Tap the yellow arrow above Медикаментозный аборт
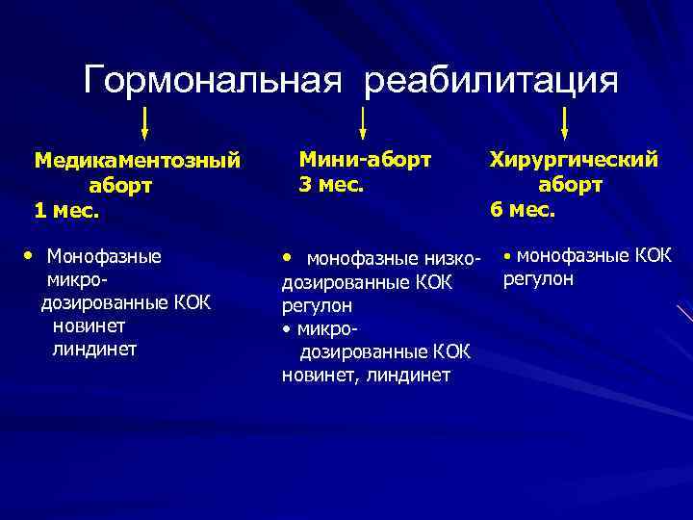[x=144, y=123]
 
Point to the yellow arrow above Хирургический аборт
[x=565, y=123]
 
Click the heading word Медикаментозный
[x=137, y=160]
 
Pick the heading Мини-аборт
[x=365, y=157]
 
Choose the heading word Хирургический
[x=574, y=159]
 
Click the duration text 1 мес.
[x=66, y=209]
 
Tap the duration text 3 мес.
[x=331, y=182]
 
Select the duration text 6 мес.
[x=523, y=209]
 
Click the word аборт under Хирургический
[x=571, y=184]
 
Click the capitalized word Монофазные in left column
[x=104, y=256]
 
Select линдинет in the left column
[x=94, y=349]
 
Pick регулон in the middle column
[x=317, y=305]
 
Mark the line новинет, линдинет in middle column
[x=366, y=375]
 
